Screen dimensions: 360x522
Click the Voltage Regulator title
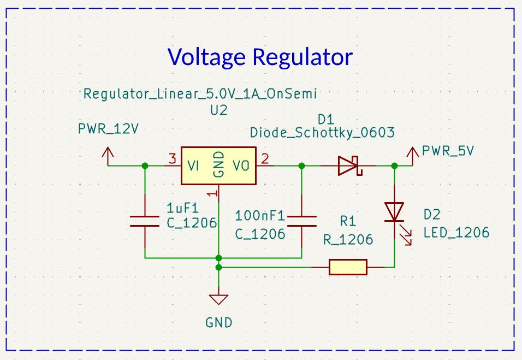point(260,57)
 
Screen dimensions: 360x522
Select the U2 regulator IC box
point(218,165)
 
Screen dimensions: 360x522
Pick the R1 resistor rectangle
point(348,267)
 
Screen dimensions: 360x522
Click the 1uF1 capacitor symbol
point(145,221)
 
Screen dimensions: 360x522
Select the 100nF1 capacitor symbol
point(301,221)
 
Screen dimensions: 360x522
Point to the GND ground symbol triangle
point(218,299)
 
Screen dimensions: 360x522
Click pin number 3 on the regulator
point(172,160)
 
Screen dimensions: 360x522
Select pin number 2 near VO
point(265,160)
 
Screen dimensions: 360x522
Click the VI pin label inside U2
point(193,166)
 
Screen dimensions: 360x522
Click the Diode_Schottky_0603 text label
point(322,133)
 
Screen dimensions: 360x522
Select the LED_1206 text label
point(456,233)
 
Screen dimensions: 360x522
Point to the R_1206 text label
point(348,239)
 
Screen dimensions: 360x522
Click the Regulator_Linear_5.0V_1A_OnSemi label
point(200,94)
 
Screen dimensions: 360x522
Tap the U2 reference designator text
point(218,110)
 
